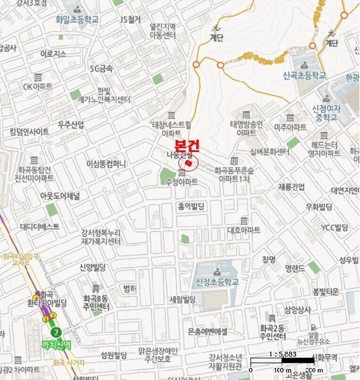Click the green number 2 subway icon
[x=57, y=331]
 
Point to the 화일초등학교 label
[x=77, y=20]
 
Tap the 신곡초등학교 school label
[x=305, y=75]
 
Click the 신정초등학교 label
[x=218, y=282]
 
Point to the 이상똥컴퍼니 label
[x=106, y=163]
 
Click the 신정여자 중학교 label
[x=326, y=113]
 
